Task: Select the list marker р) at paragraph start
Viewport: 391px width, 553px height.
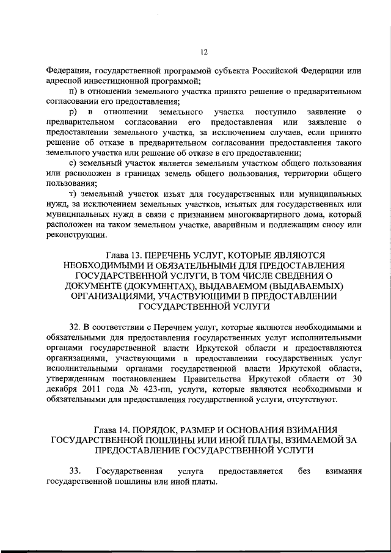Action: [74, 112]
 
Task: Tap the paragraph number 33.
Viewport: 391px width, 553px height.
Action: [76, 472]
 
